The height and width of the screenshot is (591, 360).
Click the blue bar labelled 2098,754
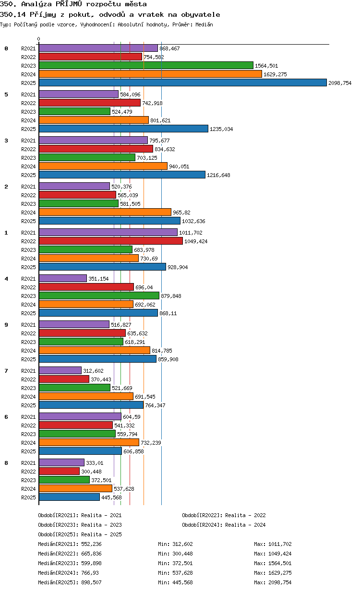pos(182,83)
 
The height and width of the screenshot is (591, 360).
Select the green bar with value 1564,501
pos(146,65)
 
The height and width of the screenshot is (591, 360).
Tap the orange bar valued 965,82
pos(105,212)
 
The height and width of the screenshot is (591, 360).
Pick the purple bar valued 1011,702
pos(108,232)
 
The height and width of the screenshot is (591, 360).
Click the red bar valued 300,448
pos(59,471)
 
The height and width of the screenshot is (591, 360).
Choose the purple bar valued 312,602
pos(60,370)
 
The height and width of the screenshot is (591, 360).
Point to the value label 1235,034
pos(221,129)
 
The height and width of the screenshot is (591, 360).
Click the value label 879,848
pos(171,296)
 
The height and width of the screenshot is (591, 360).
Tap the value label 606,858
pos(133,451)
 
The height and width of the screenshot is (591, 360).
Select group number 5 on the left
pos(6,95)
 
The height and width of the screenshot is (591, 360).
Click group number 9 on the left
pos(6,325)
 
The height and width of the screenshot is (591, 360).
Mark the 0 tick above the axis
pos(39,39)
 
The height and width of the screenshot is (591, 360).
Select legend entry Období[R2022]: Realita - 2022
pos(224,515)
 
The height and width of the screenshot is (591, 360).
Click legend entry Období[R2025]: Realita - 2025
pos(80,534)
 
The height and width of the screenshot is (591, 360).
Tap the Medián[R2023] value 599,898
pos(91,563)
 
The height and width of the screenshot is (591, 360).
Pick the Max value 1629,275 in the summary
pos(280,573)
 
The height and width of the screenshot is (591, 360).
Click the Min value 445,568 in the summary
pos(182,582)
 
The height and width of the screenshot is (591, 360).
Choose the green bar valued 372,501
pos(64,480)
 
